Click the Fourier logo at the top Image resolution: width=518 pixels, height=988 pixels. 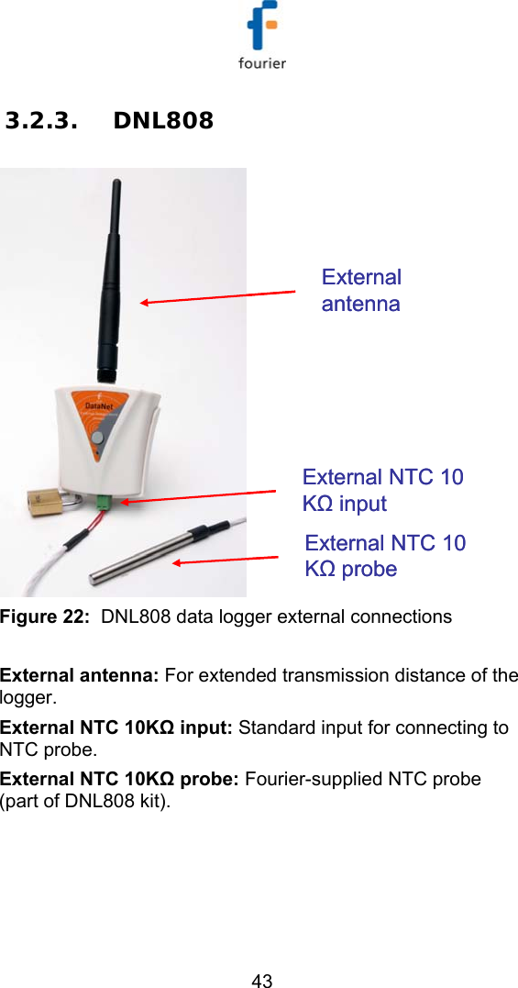pos(262,37)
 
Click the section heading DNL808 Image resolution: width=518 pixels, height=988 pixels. pos(163,120)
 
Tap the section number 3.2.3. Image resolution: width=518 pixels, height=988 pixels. pos(40,120)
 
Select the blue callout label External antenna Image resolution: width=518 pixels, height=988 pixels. pos(361,290)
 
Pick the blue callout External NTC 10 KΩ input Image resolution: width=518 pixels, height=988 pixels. pos(382,490)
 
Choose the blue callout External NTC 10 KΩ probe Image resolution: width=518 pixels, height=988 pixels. pos(385,555)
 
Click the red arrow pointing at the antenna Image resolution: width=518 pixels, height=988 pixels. pos(217,296)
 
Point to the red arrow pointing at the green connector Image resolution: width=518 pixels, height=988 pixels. pos(197,496)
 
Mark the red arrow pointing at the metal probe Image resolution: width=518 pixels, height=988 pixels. pos(225,560)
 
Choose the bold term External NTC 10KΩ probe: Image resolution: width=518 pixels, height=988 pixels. pos(119,779)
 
